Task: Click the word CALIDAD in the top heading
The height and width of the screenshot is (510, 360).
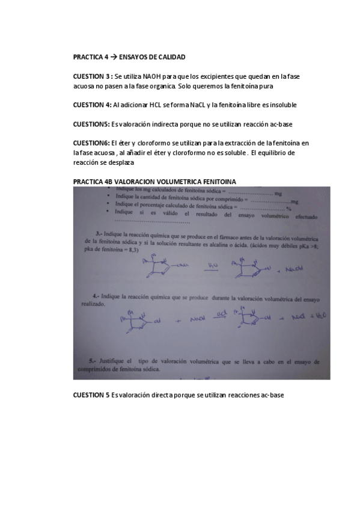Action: (171, 57)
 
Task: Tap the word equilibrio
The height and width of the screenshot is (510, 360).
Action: (275, 153)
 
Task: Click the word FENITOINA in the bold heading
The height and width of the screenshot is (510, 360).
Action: (221, 182)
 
